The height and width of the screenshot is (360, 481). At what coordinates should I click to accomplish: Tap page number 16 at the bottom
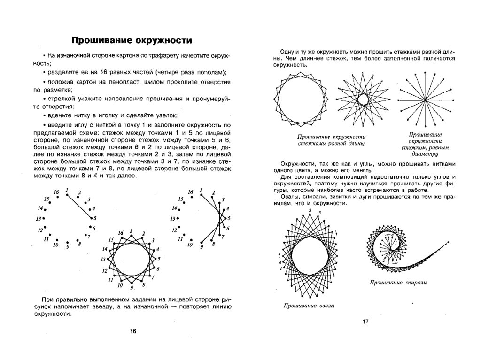pyautogui.click(x=132, y=331)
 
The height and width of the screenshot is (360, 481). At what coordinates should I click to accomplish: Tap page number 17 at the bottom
pyautogui.click(x=365, y=322)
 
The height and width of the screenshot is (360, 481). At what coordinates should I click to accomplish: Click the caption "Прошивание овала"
pyautogui.click(x=309, y=306)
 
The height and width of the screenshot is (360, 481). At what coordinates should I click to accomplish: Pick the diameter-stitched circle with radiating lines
pyautogui.click(x=425, y=100)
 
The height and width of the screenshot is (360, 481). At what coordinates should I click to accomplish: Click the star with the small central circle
pyautogui.click(x=363, y=100)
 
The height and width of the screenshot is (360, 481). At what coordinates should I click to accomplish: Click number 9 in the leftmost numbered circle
pyautogui.click(x=68, y=246)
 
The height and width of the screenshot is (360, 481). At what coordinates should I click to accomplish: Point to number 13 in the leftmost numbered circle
pyautogui.click(x=39, y=219)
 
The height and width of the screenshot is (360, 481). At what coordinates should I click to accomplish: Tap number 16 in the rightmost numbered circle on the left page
pyautogui.click(x=190, y=192)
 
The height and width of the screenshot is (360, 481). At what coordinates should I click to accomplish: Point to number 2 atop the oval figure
pyautogui.click(x=310, y=211)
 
